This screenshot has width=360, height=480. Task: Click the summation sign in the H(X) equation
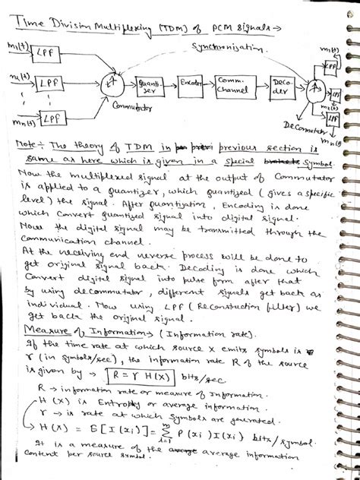click(x=152, y=431)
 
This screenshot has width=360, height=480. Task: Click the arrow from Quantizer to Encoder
click(x=170, y=81)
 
